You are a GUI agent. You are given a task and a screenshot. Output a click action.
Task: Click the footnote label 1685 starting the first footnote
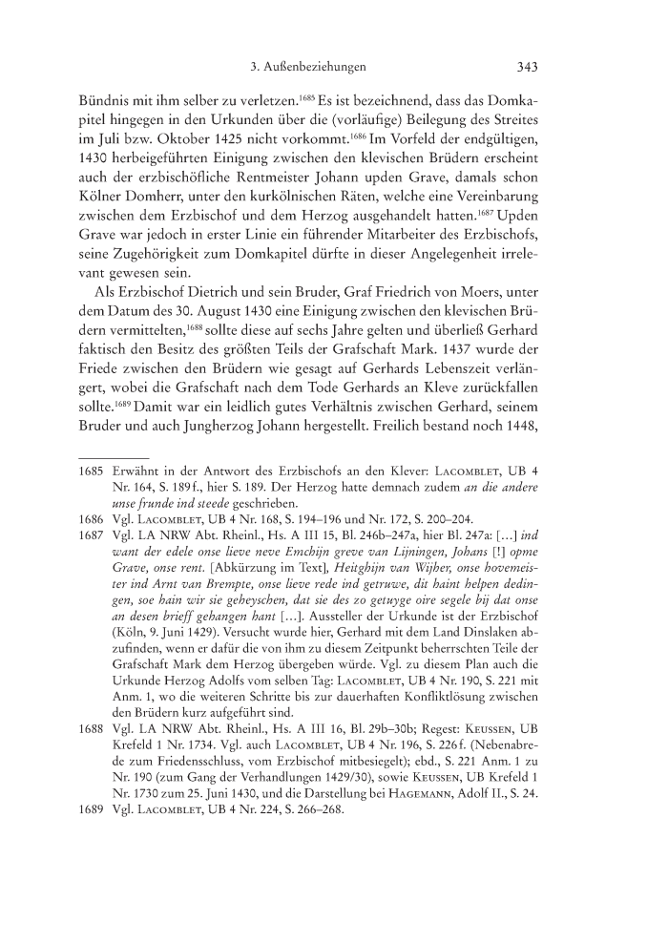94,551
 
